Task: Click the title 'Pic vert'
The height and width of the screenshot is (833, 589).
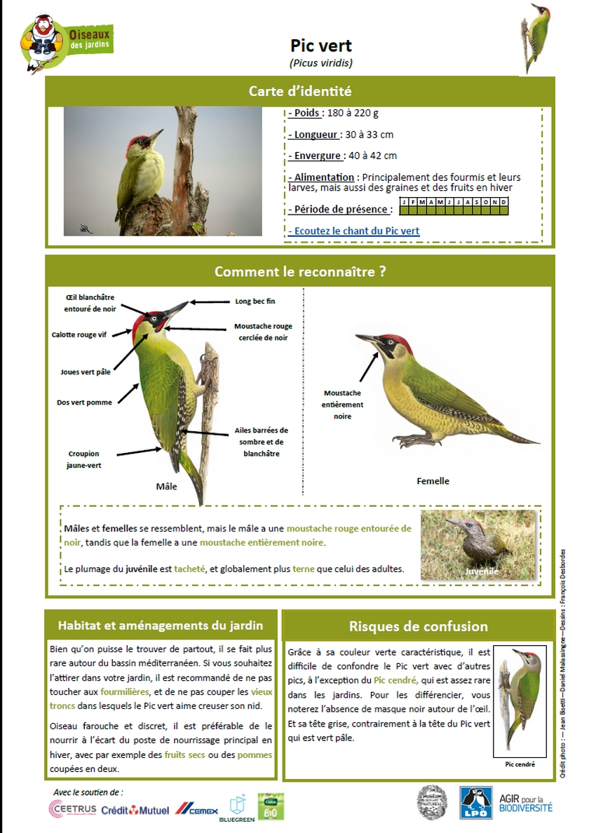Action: (321, 46)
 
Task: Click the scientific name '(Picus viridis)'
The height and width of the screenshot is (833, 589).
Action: (321, 63)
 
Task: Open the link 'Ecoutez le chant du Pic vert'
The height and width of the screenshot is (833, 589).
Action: (354, 231)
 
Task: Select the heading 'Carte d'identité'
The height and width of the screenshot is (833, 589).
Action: (299, 91)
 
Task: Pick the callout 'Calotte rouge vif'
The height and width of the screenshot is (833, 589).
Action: (79, 335)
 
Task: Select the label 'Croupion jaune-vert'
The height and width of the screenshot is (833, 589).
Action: (84, 459)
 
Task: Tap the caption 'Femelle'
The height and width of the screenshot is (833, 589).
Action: (433, 481)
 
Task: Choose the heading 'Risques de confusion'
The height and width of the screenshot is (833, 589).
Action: (418, 626)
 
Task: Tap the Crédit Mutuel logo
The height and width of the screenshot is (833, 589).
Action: (135, 810)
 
